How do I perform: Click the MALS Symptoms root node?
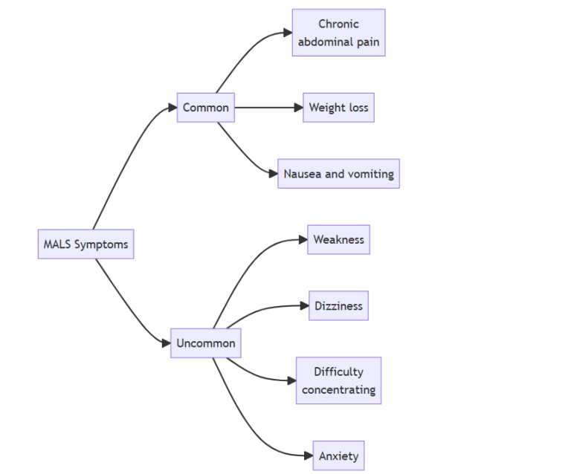[86, 244]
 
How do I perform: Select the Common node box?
[206, 108]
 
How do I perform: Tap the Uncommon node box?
[206, 343]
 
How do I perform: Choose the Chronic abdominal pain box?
[338, 33]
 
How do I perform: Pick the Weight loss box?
[338, 108]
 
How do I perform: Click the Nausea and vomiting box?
[338, 174]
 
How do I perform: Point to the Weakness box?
[338, 239]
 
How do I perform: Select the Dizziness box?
[338, 305]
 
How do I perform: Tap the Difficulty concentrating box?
[338, 380]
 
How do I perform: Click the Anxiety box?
[338, 455]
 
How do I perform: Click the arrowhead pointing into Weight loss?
[298, 108]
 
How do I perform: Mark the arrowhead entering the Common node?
[172, 108]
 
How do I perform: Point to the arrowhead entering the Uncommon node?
[166, 343]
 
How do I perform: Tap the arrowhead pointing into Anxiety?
[308, 455]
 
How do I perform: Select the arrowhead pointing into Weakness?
[303, 239]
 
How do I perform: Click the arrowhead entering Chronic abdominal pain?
[287, 33]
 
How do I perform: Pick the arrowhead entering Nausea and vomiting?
[273, 174]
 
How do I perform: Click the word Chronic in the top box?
[338, 25]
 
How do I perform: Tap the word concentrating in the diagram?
[338, 389]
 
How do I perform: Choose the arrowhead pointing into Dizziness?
[304, 305]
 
